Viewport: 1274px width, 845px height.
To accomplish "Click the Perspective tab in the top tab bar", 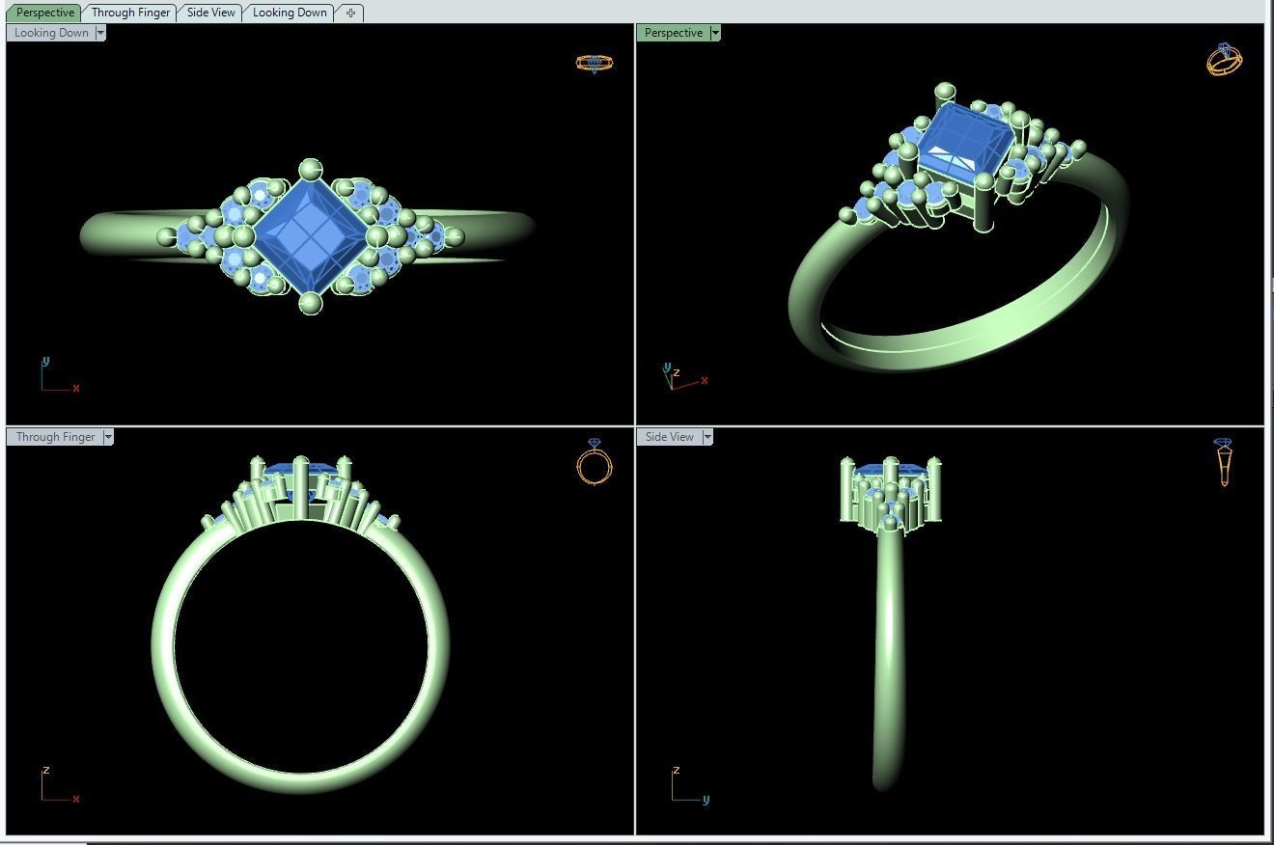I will tap(45, 13).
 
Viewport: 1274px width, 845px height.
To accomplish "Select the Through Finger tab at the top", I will tap(130, 13).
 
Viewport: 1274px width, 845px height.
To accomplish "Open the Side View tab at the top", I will tap(210, 13).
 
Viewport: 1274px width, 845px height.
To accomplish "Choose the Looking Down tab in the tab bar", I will tap(290, 13).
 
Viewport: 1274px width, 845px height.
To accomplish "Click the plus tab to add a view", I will tap(350, 13).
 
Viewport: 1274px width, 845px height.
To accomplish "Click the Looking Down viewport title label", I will tap(51, 33).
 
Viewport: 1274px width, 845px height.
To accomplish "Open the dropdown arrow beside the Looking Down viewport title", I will tap(100, 33).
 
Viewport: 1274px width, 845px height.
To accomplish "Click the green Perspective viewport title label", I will tap(673, 33).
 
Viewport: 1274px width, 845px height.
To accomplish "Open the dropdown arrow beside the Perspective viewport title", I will tap(715, 33).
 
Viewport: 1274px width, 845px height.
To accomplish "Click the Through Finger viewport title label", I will tap(55, 437).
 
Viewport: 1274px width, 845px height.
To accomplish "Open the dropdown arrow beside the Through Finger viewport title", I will tap(108, 437).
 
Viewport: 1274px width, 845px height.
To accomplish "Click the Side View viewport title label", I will tap(669, 437).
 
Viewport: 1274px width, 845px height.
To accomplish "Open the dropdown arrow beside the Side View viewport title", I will tap(707, 437).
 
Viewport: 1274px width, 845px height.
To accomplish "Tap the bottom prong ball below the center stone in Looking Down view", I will tap(310, 303).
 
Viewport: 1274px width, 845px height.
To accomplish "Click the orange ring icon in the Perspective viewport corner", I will tap(1224, 60).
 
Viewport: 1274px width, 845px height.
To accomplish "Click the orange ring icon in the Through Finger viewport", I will tap(595, 463).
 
